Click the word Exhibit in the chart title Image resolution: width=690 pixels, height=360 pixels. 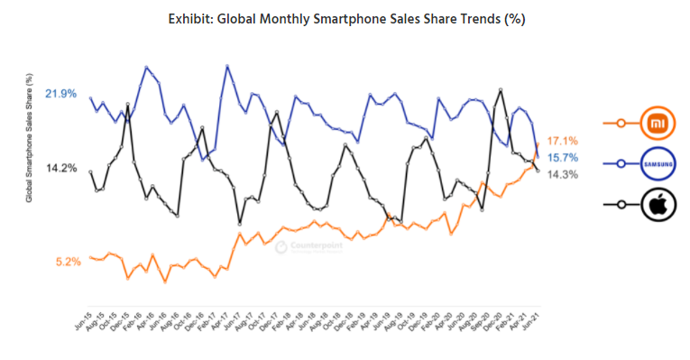coord(193,18)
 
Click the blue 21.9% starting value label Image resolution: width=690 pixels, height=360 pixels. coord(60,94)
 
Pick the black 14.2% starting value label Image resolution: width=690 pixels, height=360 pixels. coord(60,168)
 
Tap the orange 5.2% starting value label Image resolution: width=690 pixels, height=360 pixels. coord(68,262)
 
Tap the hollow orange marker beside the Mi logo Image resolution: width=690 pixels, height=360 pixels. coord(621,122)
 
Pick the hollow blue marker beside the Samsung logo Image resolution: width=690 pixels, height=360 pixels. coord(621,163)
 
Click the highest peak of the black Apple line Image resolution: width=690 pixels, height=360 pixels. coord(501,89)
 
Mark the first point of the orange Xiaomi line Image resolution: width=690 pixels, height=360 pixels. coord(91,257)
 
